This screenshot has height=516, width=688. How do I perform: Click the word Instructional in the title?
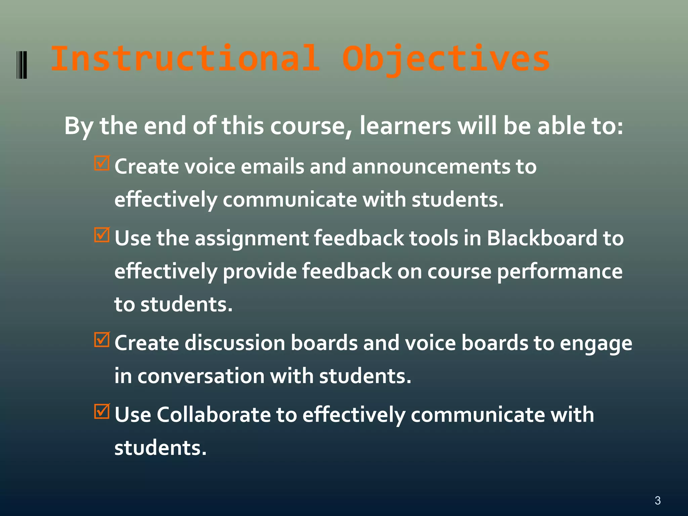185,59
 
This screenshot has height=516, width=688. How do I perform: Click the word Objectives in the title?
446,59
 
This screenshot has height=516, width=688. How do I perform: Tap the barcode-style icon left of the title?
22,64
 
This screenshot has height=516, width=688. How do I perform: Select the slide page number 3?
657,501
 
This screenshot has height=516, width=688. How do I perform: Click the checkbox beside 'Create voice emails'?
102,163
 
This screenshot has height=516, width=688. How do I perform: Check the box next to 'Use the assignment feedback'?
102,235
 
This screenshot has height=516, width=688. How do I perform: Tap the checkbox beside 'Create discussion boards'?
102,340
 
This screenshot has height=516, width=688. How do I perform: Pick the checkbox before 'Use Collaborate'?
102,411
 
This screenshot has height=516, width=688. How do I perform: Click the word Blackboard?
542,238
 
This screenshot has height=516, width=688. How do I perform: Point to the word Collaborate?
213,415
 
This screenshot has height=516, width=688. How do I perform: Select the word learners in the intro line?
405,126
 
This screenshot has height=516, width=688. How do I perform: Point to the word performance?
559,272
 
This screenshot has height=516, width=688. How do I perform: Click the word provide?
260,272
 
